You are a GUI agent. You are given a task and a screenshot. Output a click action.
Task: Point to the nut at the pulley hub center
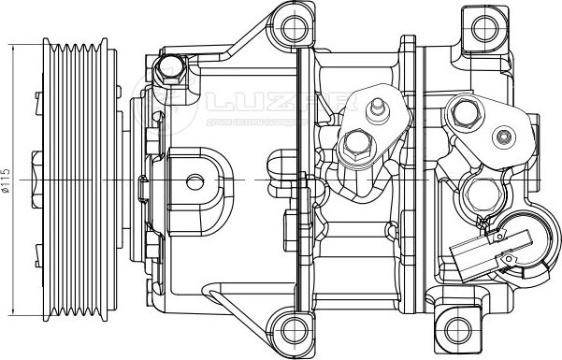pos(37,178)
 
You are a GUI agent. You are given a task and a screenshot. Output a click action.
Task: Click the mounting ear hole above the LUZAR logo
pos(295,22)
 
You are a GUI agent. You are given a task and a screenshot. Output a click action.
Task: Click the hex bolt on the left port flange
pos(356,145)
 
